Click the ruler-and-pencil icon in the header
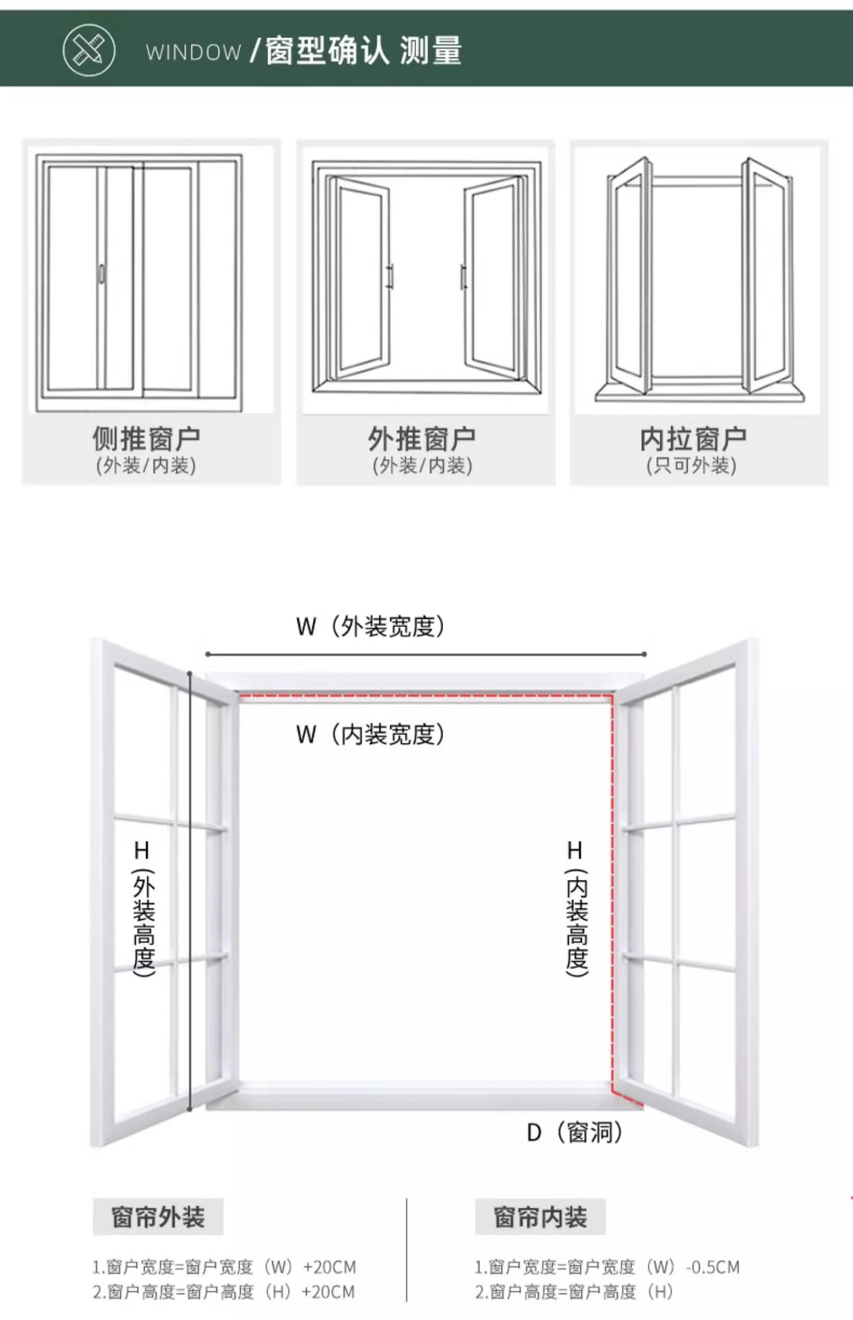coord(89,50)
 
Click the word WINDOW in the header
coord(193,52)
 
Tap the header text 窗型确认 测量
coord(363,51)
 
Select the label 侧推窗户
coord(147,438)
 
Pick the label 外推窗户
coord(422,438)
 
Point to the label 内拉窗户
coord(693,438)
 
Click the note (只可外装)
coord(691,466)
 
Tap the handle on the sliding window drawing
coord(101,273)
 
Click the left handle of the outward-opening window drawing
coord(390,276)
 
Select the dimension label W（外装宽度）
coord(371,626)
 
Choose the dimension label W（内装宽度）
coord(371,734)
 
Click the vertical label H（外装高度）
coord(143,907)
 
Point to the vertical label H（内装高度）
coord(576,907)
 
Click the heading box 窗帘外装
coord(158,1217)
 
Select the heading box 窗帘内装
coord(540,1217)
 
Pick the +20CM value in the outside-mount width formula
coord(330,1266)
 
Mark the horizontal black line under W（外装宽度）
coord(426,654)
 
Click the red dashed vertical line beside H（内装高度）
coord(612,894)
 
